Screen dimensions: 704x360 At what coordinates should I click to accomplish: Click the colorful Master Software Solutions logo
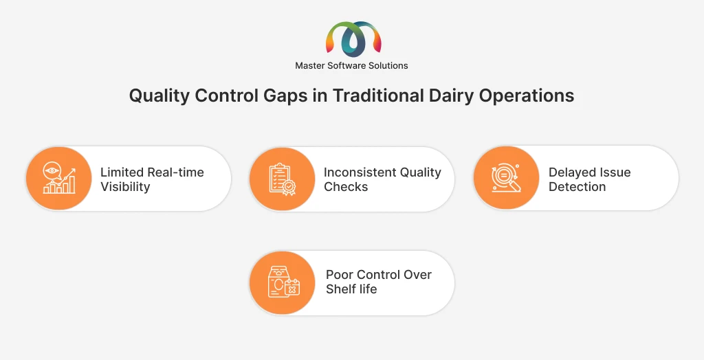(353, 38)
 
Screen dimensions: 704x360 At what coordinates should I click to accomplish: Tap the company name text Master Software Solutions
(351, 65)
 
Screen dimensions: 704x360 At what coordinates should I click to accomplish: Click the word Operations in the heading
(526, 96)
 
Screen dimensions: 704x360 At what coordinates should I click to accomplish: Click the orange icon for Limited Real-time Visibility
(59, 178)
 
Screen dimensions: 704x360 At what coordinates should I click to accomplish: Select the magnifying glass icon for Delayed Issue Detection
(507, 178)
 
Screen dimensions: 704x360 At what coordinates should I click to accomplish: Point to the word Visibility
(125, 187)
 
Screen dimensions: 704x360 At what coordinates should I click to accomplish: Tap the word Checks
(346, 187)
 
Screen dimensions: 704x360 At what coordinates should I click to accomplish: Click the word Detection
(577, 187)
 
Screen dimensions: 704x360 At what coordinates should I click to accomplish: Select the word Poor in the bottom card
(340, 275)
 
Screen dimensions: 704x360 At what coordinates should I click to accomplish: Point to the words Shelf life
(351, 289)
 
